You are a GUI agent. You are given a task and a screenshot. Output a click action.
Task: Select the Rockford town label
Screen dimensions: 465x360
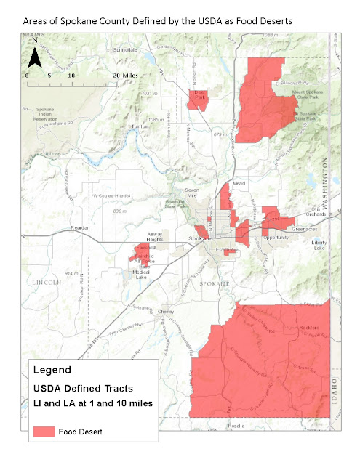tap(310, 328)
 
